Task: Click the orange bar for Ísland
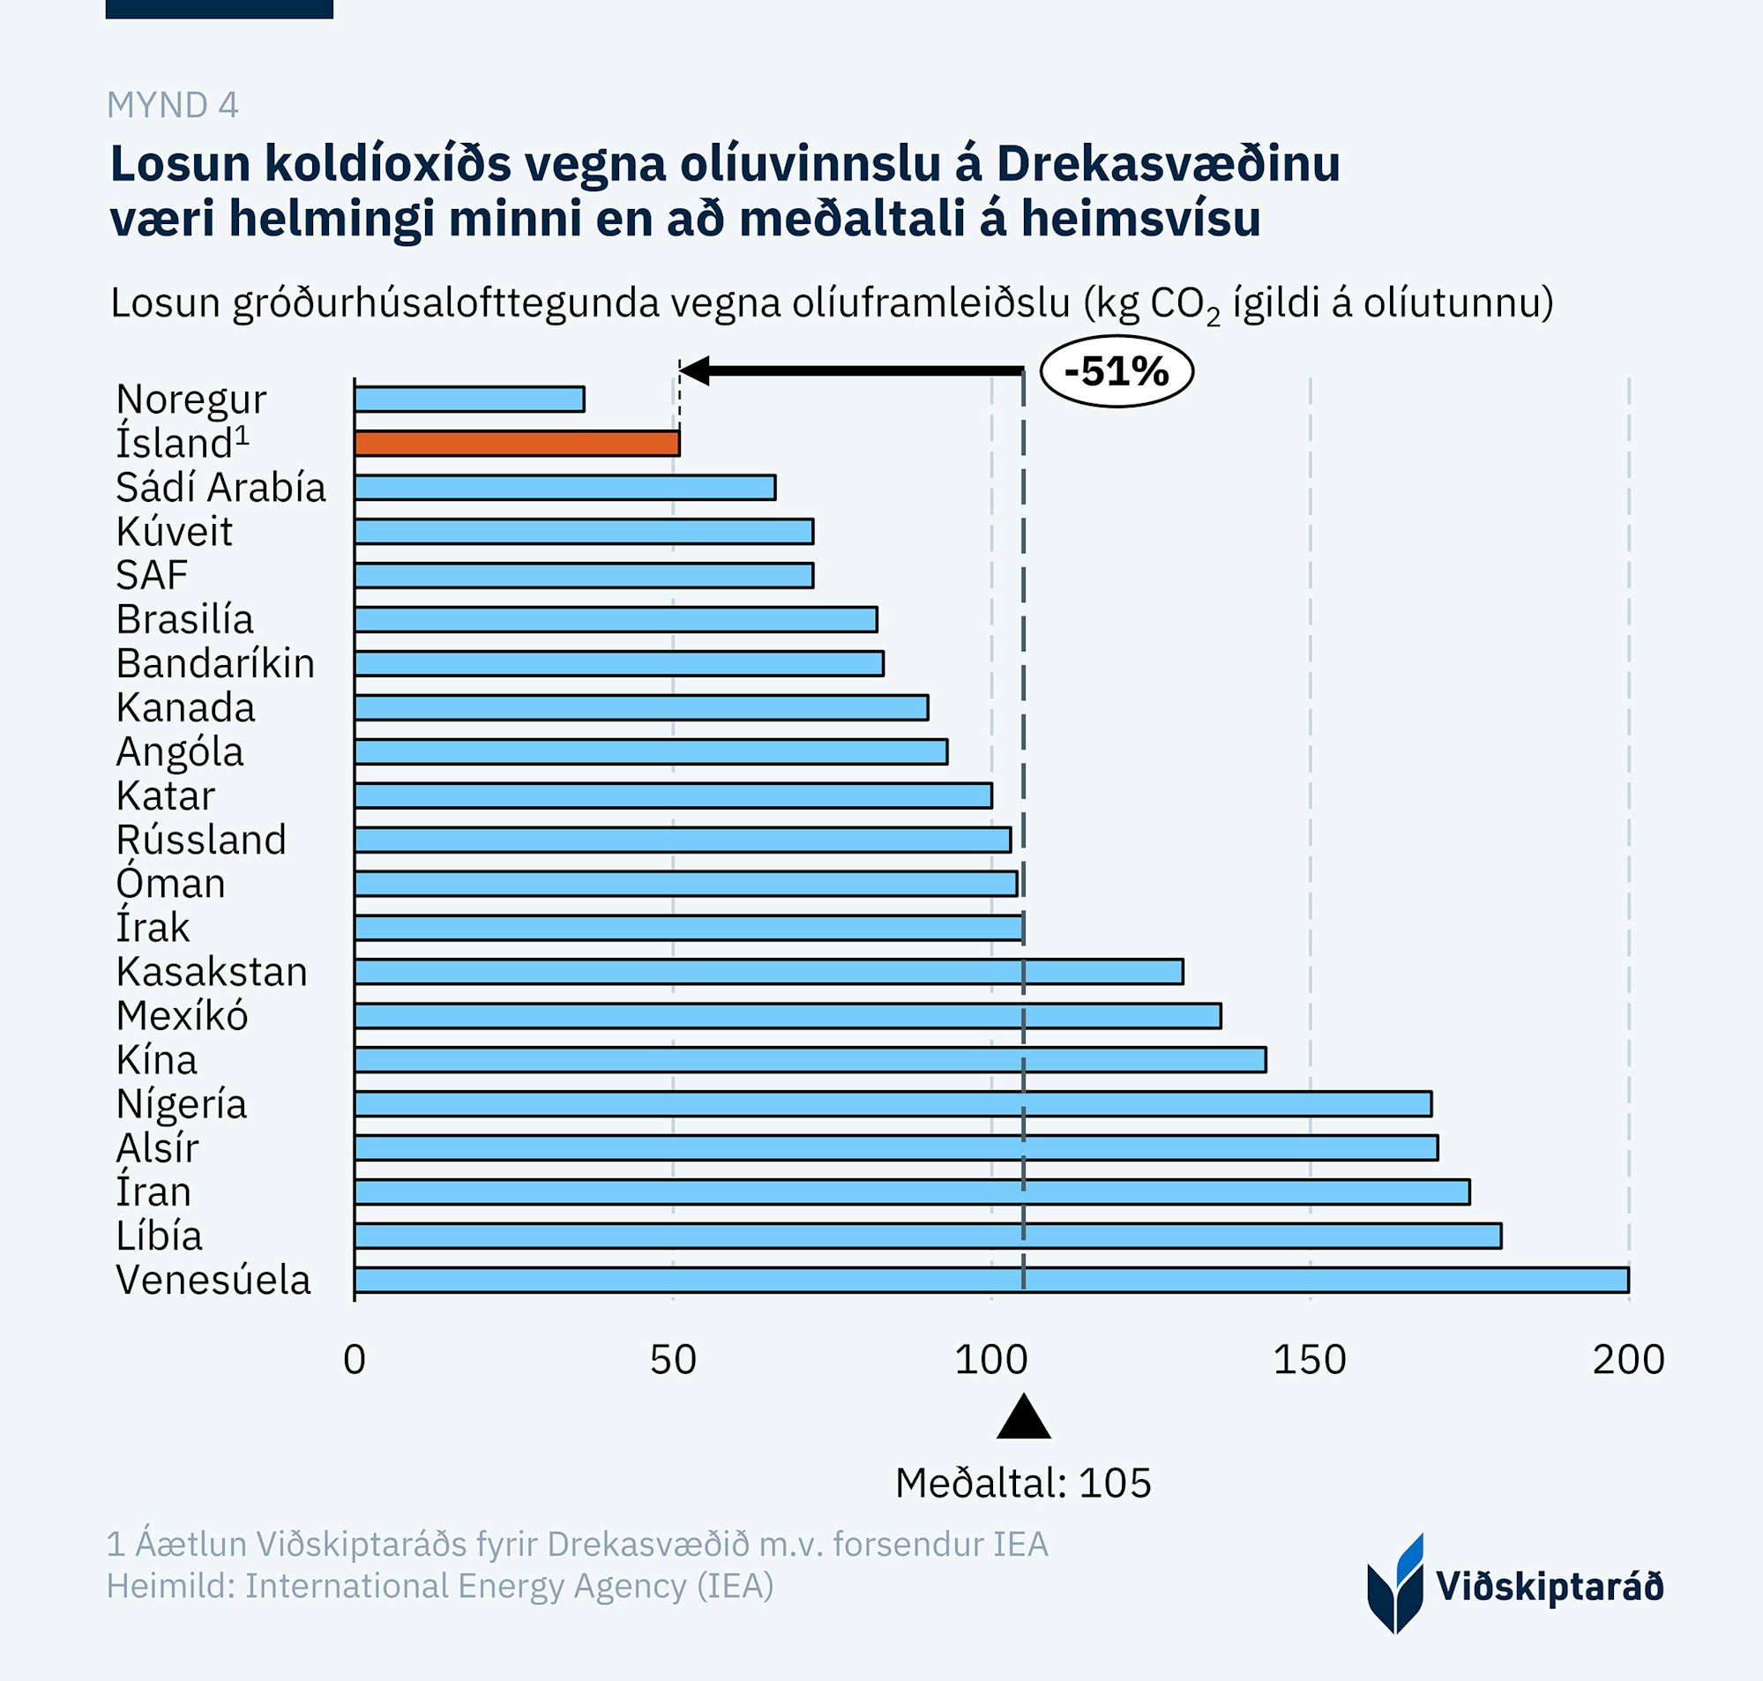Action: click(517, 444)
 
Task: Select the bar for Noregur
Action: click(469, 400)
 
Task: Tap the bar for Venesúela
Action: click(990, 1280)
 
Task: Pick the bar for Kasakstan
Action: click(769, 971)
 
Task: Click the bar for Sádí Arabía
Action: click(564, 488)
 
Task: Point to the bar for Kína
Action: click(810, 1060)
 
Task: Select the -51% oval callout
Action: click(1117, 371)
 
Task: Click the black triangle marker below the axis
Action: click(1023, 1418)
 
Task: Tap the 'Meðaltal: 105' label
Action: click(1023, 1483)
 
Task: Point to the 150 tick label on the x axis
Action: click(1310, 1360)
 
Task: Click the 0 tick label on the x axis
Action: click(355, 1360)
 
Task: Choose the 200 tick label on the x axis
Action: click(1628, 1360)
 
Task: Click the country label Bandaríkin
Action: click(215, 664)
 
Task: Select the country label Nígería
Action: click(181, 1104)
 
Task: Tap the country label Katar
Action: click(166, 796)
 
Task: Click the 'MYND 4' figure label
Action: click(173, 106)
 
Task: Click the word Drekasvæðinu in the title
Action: click(1168, 164)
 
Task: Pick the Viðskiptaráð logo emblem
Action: click(1395, 1584)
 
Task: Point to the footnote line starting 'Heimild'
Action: click(440, 1586)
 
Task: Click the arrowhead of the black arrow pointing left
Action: click(695, 370)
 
